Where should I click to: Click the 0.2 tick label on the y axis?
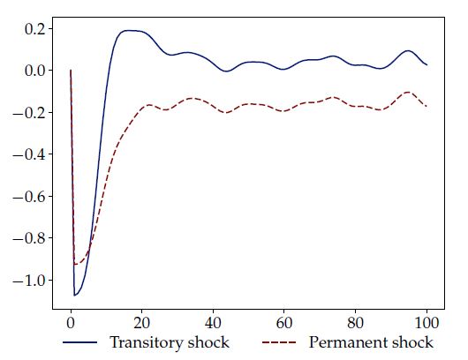(x=34, y=29)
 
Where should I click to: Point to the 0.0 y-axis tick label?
(x=34, y=71)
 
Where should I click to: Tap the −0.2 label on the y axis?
(x=28, y=113)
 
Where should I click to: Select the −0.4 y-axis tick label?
(x=28, y=154)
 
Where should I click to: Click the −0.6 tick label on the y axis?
(x=28, y=197)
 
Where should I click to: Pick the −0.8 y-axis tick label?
(x=28, y=238)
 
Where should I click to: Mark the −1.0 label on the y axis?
(x=28, y=281)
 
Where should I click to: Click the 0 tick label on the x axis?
(x=71, y=323)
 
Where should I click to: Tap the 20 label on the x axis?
(x=142, y=323)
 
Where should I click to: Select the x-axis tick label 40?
(x=213, y=323)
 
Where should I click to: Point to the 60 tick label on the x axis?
(x=284, y=323)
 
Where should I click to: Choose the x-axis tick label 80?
(x=356, y=323)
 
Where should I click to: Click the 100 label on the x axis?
(x=427, y=323)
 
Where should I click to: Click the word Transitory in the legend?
(x=146, y=342)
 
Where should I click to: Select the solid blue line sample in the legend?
(x=80, y=342)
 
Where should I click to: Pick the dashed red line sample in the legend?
(x=279, y=342)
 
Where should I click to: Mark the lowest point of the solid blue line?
(x=75, y=296)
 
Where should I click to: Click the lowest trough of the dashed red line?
(x=76, y=264)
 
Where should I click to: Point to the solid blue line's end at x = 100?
(x=426, y=64)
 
